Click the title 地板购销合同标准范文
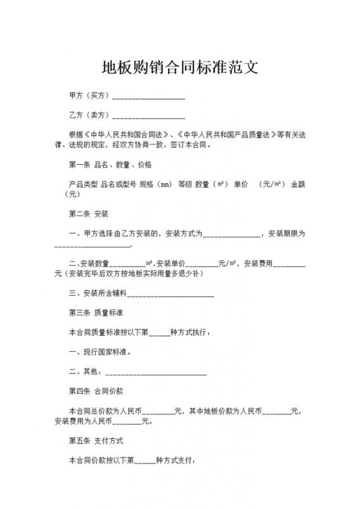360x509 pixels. point(179,67)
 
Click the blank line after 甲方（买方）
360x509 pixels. point(148,97)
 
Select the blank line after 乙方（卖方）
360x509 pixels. point(148,116)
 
